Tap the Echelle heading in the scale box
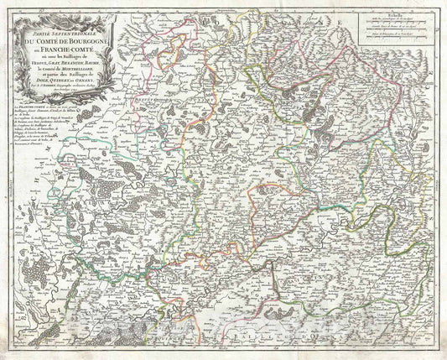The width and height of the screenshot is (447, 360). (x=396, y=14)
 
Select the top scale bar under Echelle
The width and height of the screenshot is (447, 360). (x=397, y=21)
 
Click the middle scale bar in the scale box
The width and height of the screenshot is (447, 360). (x=397, y=29)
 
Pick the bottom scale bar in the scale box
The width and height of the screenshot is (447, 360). (x=397, y=36)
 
